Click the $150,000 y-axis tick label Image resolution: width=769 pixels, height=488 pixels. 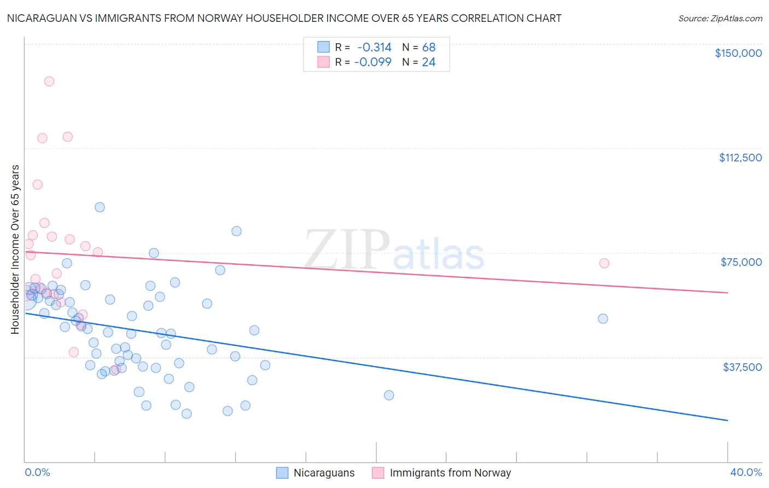click(738, 53)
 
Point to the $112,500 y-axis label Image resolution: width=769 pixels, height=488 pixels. click(740, 158)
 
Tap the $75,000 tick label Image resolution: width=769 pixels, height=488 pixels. click(741, 262)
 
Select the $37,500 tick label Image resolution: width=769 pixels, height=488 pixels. click(742, 367)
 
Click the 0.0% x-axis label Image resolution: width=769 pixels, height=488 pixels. click(37, 472)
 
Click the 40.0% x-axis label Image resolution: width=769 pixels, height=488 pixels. click(745, 472)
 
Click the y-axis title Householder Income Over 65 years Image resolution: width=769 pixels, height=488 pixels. click(15, 249)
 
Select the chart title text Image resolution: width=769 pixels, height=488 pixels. click(284, 18)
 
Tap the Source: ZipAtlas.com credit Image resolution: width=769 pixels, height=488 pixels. click(720, 18)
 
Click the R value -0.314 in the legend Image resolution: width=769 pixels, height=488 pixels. click(374, 48)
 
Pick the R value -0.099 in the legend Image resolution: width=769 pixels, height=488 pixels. click(372, 62)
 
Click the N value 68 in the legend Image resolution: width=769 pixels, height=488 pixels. click(429, 48)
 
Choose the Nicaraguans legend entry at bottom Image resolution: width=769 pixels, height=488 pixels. click(324, 473)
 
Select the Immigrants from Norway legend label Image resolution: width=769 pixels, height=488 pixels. click(450, 473)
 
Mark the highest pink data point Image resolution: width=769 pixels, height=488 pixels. click(49, 82)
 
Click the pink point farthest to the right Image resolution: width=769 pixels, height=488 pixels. click(604, 263)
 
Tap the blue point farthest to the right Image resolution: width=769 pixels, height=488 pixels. click(603, 318)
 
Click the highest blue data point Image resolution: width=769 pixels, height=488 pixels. click(100, 207)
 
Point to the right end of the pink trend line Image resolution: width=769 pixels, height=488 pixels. click(727, 293)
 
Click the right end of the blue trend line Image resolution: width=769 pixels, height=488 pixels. click(727, 420)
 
